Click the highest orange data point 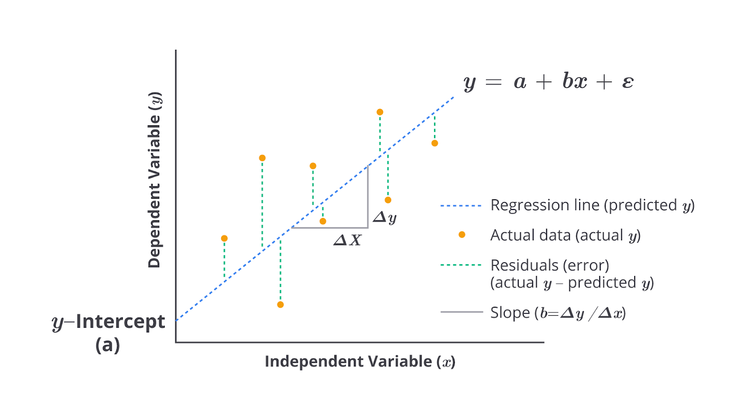tap(380, 112)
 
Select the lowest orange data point tap(280, 305)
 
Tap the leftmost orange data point tap(224, 238)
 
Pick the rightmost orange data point tap(435, 143)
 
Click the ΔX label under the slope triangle tap(348, 240)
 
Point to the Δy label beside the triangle tap(385, 217)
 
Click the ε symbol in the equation tap(628, 82)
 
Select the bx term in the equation tap(575, 81)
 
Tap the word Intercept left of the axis tap(120, 321)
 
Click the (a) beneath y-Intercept tap(108, 345)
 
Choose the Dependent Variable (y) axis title tap(154, 180)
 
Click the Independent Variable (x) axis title tap(359, 362)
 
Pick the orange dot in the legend tap(462, 235)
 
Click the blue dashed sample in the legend tap(461, 205)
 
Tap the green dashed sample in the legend tap(461, 265)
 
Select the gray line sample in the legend tap(461, 312)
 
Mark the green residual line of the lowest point tap(280, 272)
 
